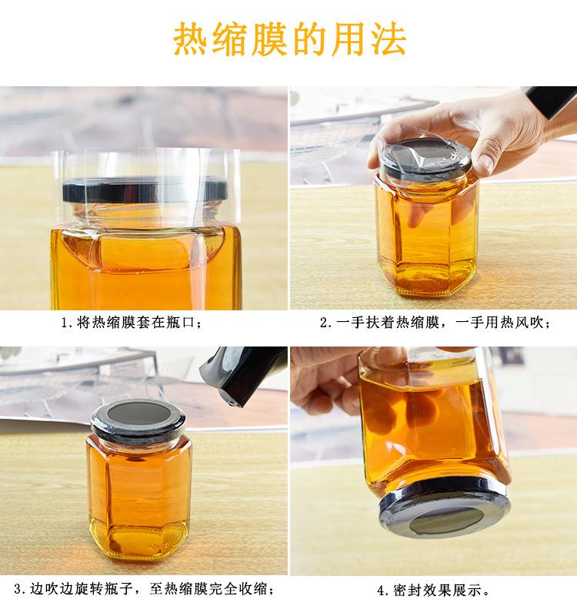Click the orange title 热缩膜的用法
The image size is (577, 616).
click(288, 39)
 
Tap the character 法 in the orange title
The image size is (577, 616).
click(389, 39)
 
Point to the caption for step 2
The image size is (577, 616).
click(435, 323)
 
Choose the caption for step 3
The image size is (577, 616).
click(143, 591)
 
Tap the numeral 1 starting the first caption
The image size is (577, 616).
click(65, 323)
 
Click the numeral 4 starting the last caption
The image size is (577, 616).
click(381, 592)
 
